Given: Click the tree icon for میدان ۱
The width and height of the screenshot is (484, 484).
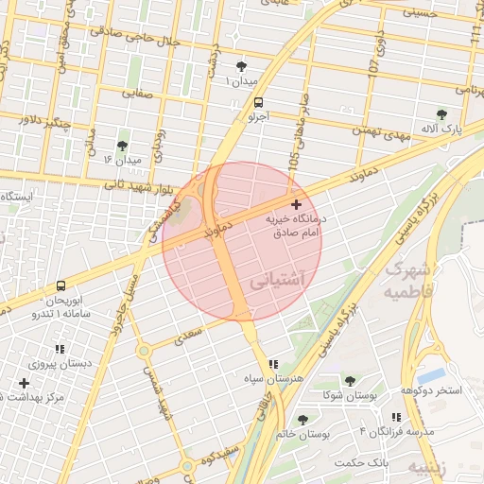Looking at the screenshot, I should click(243, 65).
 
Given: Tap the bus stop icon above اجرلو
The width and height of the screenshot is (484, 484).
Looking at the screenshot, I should click(259, 103).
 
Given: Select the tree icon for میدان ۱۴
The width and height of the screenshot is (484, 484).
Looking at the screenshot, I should click(121, 146).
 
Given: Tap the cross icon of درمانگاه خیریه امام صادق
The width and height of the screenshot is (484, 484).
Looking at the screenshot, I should click(297, 204).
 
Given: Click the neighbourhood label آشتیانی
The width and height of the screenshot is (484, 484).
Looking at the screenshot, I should click(280, 281).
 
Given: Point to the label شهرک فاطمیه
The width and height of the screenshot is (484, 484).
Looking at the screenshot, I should click(415, 281).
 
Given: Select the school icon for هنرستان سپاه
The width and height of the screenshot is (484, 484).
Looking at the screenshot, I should click(273, 364).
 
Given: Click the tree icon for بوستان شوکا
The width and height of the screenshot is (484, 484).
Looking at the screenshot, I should click(350, 381).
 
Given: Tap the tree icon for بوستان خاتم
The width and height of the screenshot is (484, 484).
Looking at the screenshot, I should click(302, 420).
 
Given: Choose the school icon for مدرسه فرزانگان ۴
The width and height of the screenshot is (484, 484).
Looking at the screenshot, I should click(396, 417).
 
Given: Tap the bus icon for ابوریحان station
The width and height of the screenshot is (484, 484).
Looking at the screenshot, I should click(60, 285).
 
